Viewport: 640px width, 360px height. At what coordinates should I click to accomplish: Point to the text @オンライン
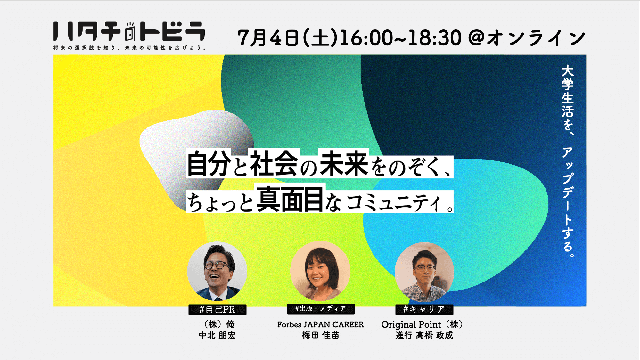(x=527, y=38)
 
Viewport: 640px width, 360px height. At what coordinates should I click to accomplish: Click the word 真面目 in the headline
(x=290, y=199)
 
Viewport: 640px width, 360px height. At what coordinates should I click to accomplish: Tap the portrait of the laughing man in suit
(x=217, y=272)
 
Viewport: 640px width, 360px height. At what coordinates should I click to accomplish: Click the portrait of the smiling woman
(x=320, y=271)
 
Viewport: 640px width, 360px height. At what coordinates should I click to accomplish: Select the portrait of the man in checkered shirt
(x=424, y=272)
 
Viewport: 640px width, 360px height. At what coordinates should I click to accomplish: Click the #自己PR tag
(x=217, y=309)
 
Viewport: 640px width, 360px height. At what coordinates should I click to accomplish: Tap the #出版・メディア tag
(x=321, y=309)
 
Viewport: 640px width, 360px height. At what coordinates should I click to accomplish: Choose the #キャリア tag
(x=424, y=309)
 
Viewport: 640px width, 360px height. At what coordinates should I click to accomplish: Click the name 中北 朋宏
(x=217, y=335)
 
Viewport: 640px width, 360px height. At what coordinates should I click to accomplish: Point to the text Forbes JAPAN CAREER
(x=320, y=324)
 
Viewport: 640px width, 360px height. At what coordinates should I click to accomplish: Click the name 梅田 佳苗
(x=320, y=335)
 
